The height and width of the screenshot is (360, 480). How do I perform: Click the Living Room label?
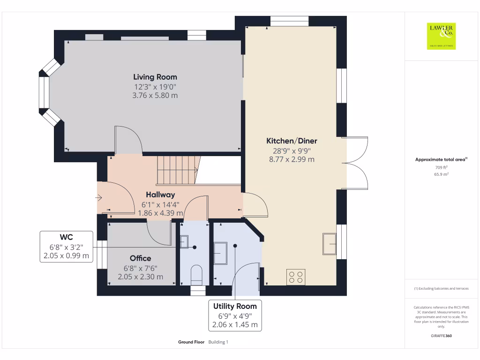[x=155, y=77]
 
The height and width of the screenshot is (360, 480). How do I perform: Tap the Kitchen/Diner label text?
[x=292, y=141]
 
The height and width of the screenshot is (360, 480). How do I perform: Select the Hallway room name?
[x=160, y=195]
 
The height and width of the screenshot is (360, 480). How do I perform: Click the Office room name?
[x=141, y=258]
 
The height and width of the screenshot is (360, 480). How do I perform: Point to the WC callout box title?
[x=66, y=237]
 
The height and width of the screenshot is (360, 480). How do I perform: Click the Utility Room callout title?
[x=235, y=306]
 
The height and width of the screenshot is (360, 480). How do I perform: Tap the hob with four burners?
[x=296, y=277]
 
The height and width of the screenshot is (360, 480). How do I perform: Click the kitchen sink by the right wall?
[x=330, y=243]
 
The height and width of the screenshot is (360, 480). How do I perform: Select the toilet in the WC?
[x=196, y=274]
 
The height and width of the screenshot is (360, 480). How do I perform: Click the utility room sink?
[x=220, y=253]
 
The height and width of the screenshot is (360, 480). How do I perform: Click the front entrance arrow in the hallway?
[x=99, y=198]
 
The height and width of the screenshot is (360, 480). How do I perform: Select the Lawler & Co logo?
[x=441, y=36]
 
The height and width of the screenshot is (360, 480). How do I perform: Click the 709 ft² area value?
[x=441, y=167]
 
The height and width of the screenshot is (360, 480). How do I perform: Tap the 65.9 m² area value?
[x=441, y=174]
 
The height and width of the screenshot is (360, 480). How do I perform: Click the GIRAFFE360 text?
[x=441, y=336]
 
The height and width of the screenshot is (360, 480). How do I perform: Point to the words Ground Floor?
[x=191, y=342]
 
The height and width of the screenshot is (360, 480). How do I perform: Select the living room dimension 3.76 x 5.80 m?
[x=155, y=95]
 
